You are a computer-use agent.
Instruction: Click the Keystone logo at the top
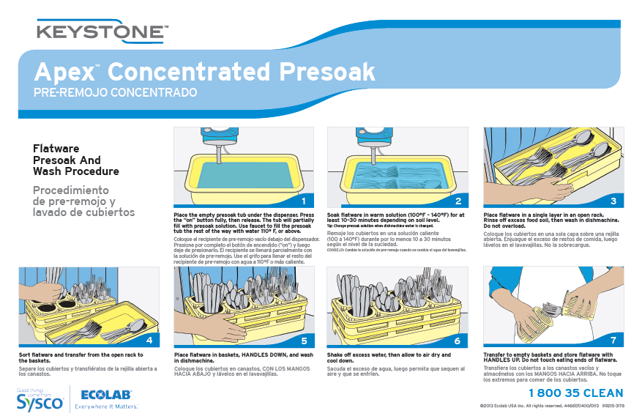click(102, 32)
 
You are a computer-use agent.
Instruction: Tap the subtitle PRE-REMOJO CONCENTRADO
click(116, 93)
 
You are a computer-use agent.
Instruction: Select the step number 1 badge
click(303, 200)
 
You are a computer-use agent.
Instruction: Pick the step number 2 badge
click(458, 201)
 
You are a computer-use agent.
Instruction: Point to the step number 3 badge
click(613, 201)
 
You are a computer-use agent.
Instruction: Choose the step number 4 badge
click(149, 340)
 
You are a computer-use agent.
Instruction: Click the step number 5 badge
click(303, 340)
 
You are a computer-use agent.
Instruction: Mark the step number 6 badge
click(458, 340)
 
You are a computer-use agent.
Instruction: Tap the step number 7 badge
click(613, 340)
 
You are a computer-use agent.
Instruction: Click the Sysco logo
click(40, 398)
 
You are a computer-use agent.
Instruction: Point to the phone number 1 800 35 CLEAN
click(575, 393)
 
